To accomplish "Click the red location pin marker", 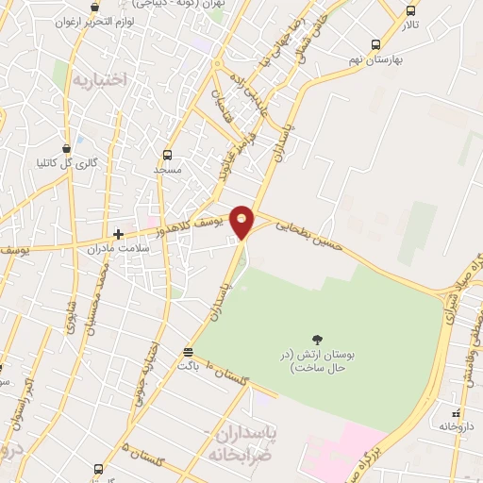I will pyautogui.click(x=242, y=221).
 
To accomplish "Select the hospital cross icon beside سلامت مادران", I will pyautogui.click(x=118, y=234).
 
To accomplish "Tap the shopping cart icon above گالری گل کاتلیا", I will pyautogui.click(x=66, y=147).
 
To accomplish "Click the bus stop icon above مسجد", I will pyautogui.click(x=167, y=155).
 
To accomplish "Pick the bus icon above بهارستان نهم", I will pyautogui.click(x=375, y=44).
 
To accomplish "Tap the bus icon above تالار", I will pyautogui.click(x=409, y=10).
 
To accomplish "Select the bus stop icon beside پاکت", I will pyautogui.click(x=188, y=351).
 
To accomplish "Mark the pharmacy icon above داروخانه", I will pyautogui.click(x=457, y=413).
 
